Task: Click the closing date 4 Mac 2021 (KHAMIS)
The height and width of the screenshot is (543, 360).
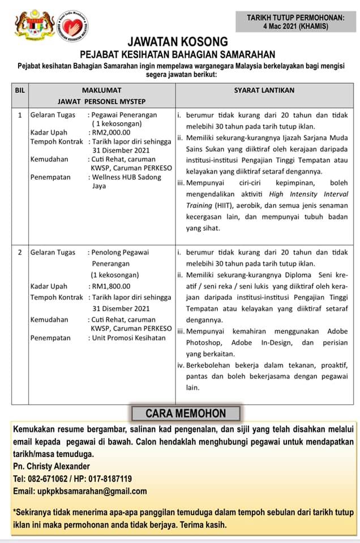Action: pos(295,26)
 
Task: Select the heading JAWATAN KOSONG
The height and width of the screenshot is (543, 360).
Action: pos(178,42)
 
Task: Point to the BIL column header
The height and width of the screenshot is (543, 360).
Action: pos(20,90)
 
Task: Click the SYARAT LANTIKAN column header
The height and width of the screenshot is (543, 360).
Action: pos(264,90)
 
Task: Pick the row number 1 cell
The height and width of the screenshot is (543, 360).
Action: pos(20,115)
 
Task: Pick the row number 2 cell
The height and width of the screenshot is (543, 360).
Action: pos(20,252)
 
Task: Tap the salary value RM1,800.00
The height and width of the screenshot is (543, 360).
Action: pos(110,286)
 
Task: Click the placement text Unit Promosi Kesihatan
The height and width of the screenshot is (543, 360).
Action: pos(128,338)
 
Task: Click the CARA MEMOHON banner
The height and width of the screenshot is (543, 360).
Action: pos(186,413)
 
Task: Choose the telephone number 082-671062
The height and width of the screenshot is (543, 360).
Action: pos(49,479)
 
